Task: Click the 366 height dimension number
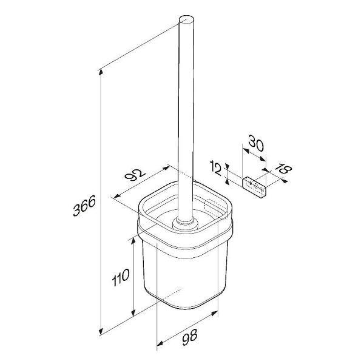[x=84, y=206]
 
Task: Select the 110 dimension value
[x=121, y=277]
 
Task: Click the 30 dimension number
[x=256, y=143]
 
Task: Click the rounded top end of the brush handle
[x=186, y=19]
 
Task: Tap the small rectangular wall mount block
[x=254, y=187]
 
